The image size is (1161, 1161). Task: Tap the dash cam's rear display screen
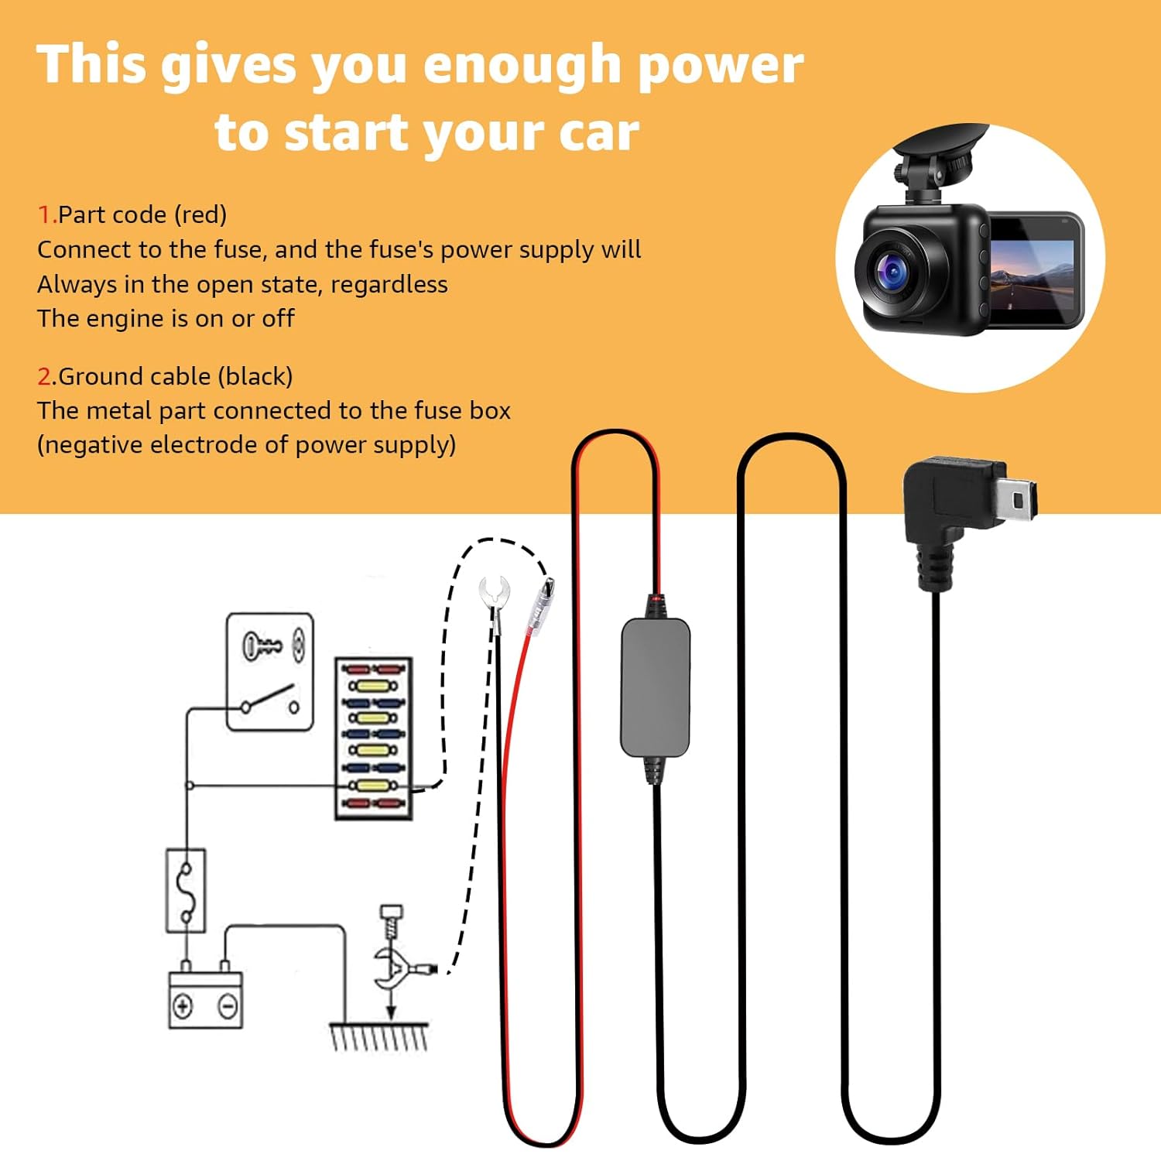(1033, 269)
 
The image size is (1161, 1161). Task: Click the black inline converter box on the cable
(655, 687)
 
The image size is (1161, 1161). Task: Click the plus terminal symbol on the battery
(183, 1006)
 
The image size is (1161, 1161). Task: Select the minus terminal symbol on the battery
(228, 1006)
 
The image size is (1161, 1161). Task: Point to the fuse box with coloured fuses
(373, 738)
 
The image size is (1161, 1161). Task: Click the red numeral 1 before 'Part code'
(45, 214)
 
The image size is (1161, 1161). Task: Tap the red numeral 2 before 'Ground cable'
(44, 376)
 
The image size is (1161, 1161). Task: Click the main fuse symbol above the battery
(187, 890)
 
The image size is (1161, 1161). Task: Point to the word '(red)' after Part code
(200, 215)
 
